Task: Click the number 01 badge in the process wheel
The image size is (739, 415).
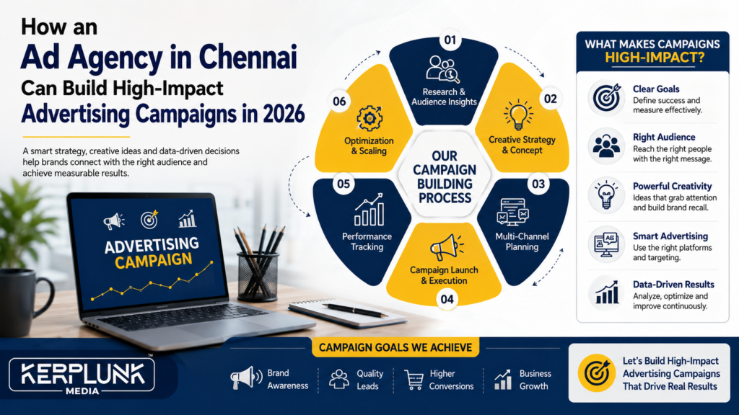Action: [450, 40]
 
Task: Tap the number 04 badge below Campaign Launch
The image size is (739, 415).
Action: [447, 299]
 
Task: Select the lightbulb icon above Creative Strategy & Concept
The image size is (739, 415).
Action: [518, 115]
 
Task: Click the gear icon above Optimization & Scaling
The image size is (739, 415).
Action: [369, 118]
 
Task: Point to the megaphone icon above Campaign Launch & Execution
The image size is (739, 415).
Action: [446, 248]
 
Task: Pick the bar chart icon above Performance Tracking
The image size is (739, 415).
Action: [369, 210]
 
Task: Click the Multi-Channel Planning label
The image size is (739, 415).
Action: [522, 241]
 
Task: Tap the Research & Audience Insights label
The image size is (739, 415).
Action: [444, 97]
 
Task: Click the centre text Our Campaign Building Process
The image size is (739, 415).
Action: [445, 177]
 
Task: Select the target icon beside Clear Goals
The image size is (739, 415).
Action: [606, 98]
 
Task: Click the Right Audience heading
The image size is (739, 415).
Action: [664, 138]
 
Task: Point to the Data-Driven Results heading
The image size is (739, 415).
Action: [673, 284]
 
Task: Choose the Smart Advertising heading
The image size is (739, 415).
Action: [670, 236]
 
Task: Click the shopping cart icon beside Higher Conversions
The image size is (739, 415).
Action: [414, 379]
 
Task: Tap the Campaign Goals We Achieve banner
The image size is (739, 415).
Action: [395, 347]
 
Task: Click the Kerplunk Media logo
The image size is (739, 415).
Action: [82, 376]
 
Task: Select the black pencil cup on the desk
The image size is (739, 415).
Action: [258, 277]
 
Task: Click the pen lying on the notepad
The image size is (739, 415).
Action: [355, 310]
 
